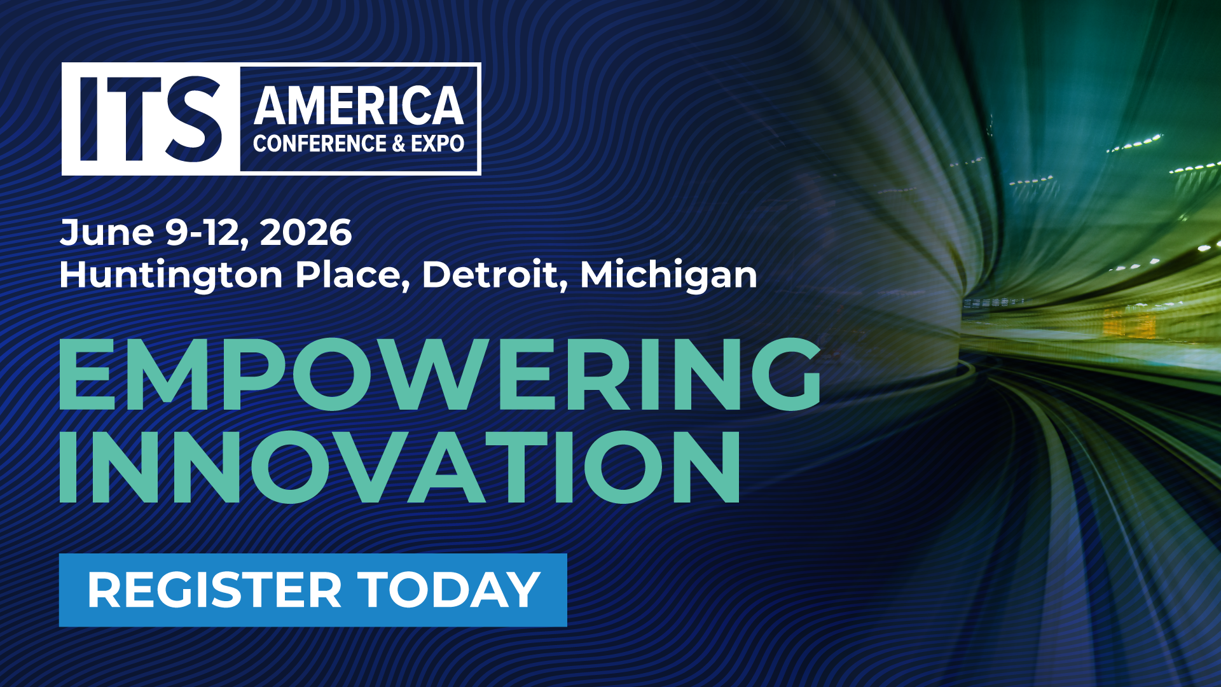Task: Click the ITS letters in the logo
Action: coord(151,119)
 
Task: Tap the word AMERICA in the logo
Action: coord(359,106)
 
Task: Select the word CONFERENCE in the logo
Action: coord(319,144)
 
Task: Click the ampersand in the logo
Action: coord(399,144)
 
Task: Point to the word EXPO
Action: coord(438,144)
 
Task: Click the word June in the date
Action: coord(107,232)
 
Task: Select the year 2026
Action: coord(306,232)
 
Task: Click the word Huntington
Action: coord(171,275)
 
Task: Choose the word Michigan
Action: coord(668,275)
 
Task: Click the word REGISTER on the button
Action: coord(215,590)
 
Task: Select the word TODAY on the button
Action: coord(449,590)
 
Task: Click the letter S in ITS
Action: coord(193,119)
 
